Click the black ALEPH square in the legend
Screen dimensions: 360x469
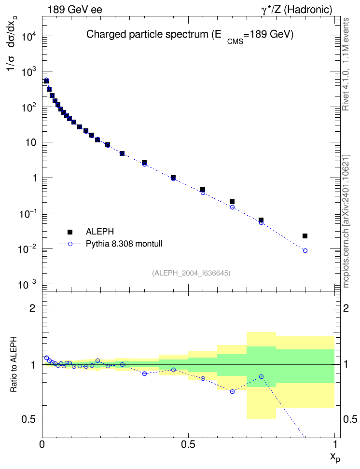(x=70, y=232)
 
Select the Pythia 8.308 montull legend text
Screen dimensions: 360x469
(x=124, y=244)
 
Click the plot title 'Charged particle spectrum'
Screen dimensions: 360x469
(x=147, y=34)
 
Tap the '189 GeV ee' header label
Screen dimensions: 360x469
(x=75, y=10)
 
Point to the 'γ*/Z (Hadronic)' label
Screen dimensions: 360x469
(x=297, y=10)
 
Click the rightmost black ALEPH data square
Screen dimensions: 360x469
(x=305, y=236)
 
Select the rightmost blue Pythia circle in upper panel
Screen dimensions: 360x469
(x=305, y=250)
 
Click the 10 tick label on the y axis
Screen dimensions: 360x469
(x=31, y=142)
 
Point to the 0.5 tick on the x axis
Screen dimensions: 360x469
(x=188, y=444)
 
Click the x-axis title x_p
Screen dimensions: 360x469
(x=335, y=457)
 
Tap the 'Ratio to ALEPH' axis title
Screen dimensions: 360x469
(x=14, y=364)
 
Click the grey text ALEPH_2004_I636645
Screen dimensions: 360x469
(x=191, y=273)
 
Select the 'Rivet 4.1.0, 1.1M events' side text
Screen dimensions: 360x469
(x=346, y=64)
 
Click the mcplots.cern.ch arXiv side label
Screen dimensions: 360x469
(x=346, y=221)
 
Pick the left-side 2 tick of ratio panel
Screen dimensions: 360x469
(x=32, y=308)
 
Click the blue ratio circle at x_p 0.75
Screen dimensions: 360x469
(x=261, y=376)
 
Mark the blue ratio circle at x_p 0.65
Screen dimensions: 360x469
(x=232, y=391)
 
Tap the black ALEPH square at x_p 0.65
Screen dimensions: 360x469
(x=232, y=202)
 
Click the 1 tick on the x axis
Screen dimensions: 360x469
(x=334, y=444)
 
